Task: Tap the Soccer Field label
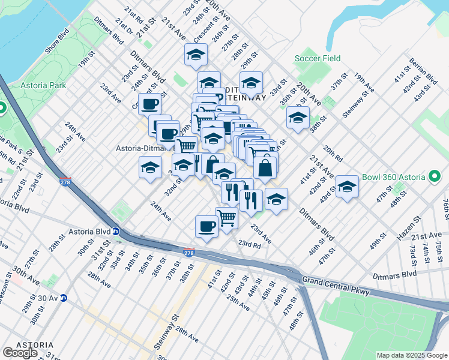click(x=318, y=59)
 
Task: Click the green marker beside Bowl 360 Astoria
click(x=435, y=177)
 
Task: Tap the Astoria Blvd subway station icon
click(x=117, y=232)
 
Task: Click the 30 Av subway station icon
click(x=63, y=298)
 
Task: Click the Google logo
click(x=20, y=353)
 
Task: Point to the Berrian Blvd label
click(x=423, y=71)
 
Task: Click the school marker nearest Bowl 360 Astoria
click(x=347, y=186)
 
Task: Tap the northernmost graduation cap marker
click(x=196, y=55)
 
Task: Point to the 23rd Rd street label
click(x=249, y=244)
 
